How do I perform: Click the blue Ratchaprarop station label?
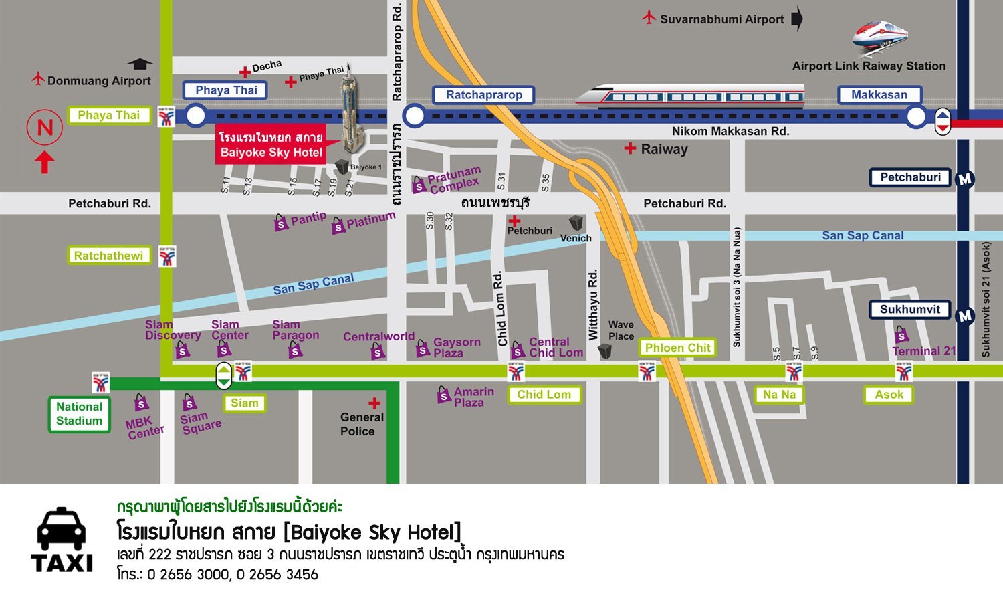(483, 95)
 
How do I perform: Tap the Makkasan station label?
(879, 95)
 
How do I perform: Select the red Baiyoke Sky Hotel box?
(271, 144)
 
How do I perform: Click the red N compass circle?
(45, 127)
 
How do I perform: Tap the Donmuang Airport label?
(99, 81)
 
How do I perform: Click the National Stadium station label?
(79, 414)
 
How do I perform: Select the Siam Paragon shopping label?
(295, 330)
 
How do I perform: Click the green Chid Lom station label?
(544, 395)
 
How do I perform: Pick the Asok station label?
(889, 395)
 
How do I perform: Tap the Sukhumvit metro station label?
(909, 310)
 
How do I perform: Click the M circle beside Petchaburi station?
(965, 179)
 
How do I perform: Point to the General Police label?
(361, 424)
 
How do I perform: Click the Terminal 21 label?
(924, 351)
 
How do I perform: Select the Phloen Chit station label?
(677, 348)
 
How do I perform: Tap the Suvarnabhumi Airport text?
(721, 19)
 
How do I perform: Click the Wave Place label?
(621, 330)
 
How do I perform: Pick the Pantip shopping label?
(308, 219)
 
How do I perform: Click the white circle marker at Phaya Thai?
(195, 116)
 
